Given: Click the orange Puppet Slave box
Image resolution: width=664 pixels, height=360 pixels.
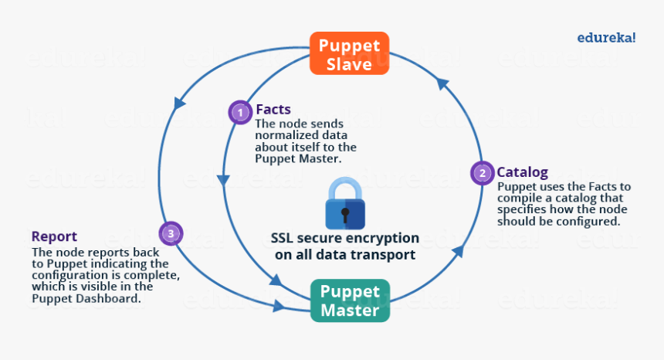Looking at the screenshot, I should click(349, 54).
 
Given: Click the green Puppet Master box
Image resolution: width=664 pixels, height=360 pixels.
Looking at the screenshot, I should click(350, 301).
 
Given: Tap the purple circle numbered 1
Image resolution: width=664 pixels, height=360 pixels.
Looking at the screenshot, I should click(240, 113).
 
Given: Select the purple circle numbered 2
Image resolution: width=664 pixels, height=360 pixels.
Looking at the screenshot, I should click(483, 173).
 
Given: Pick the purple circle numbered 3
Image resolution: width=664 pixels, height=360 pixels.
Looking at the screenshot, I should click(171, 233).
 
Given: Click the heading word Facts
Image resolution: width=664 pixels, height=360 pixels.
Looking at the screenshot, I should click(273, 110).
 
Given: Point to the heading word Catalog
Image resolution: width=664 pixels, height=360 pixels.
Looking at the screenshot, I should click(522, 172).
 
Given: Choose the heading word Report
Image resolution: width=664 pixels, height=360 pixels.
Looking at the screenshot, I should click(54, 236).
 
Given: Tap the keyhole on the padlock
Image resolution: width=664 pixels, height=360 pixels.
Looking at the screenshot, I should click(345, 212).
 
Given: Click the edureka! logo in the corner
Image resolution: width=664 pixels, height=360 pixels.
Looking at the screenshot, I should click(606, 36).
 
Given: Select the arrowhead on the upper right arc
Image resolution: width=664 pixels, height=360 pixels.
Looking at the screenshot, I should click(442, 81).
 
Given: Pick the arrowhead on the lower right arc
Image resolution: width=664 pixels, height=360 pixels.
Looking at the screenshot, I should click(457, 250).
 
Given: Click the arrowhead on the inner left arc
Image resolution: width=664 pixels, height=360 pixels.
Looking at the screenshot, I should click(222, 181).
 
